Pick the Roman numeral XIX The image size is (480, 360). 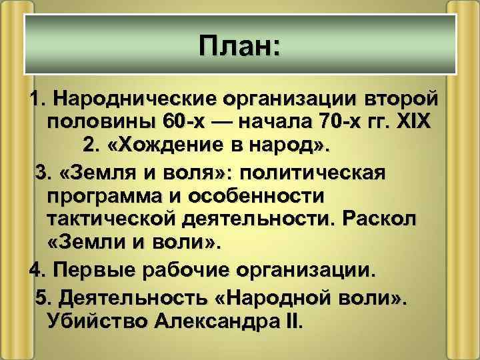point(414,124)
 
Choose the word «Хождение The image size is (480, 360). point(169,147)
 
